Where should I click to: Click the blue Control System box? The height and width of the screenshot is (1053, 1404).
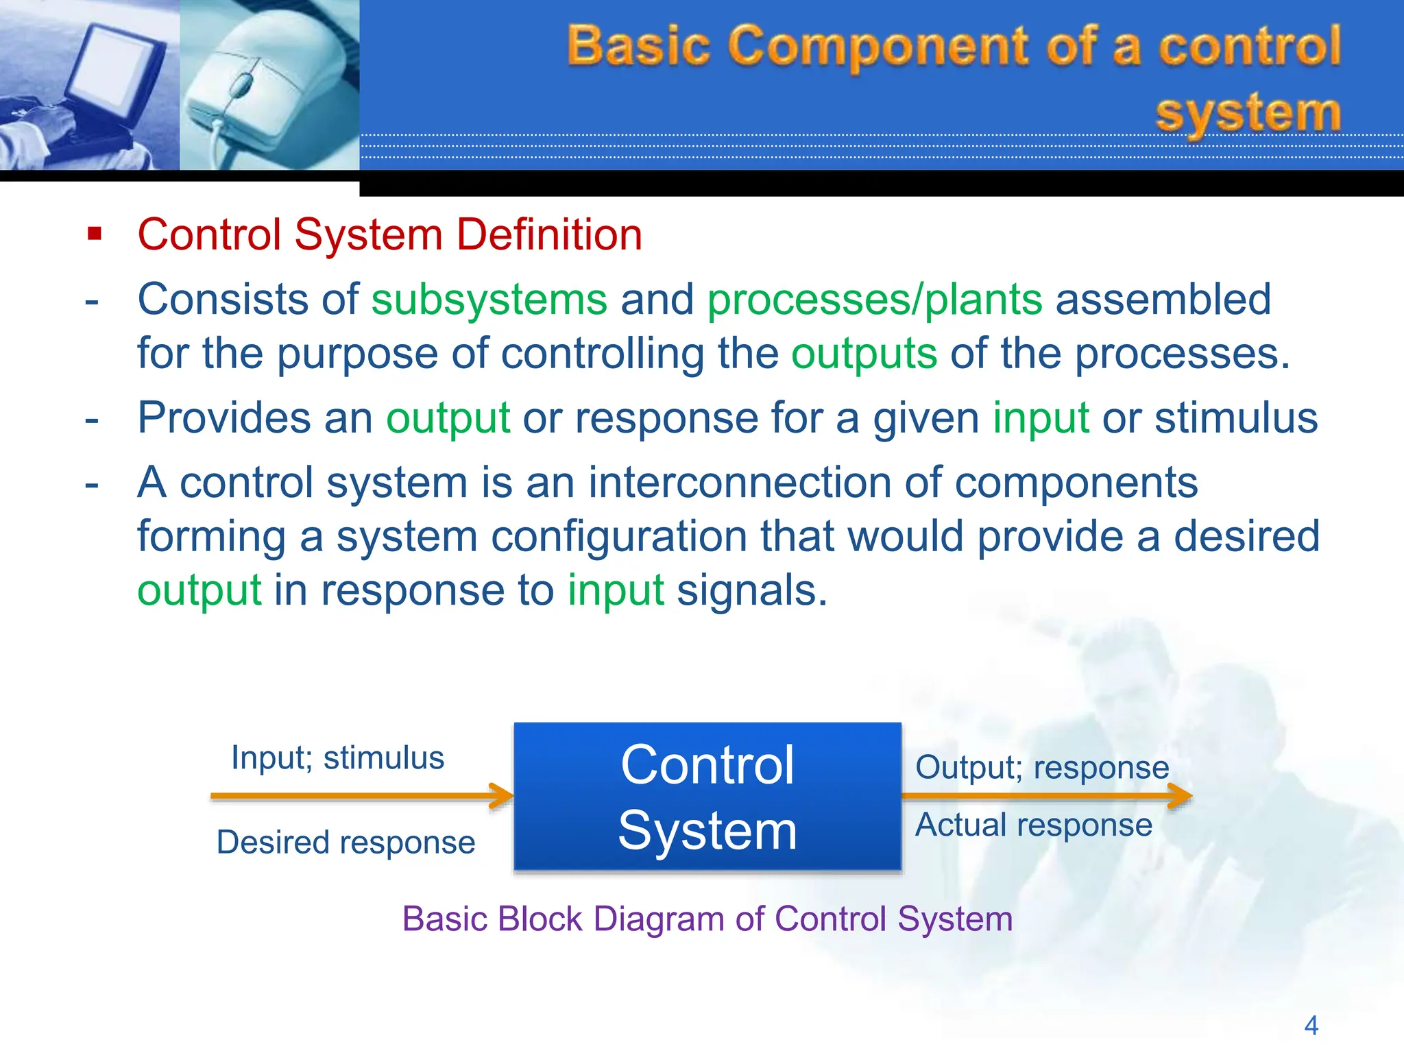click(707, 797)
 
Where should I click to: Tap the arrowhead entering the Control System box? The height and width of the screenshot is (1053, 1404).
click(504, 796)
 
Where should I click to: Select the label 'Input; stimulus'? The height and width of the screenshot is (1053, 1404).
click(337, 758)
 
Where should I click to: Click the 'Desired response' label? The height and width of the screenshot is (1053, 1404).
click(346, 843)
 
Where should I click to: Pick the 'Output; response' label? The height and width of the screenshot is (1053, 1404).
click(1042, 767)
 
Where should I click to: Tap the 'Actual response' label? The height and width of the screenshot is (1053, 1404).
click(1033, 825)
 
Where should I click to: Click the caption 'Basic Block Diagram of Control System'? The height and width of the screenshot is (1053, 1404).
click(707, 919)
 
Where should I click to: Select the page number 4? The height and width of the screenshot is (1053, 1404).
click(1311, 1026)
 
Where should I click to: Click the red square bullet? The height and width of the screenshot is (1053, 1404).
click(95, 234)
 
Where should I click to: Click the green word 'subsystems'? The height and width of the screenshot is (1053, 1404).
click(489, 300)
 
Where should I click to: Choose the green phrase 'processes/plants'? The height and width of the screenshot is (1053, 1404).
click(875, 300)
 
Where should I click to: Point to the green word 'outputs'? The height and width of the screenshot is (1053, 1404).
click(864, 354)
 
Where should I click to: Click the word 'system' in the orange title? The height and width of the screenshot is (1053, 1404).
click(1247, 112)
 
